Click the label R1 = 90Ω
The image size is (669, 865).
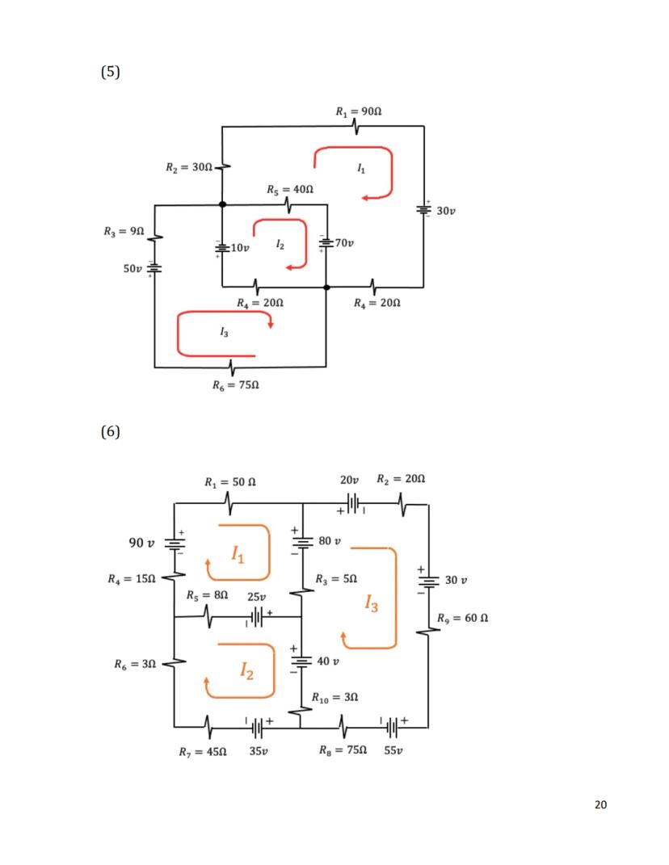tap(359, 110)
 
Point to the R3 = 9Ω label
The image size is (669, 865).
tap(124, 231)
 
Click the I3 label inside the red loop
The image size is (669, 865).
tap(224, 332)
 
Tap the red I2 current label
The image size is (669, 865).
tap(280, 242)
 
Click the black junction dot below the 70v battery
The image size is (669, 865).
tap(326, 287)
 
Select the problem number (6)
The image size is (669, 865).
tap(111, 431)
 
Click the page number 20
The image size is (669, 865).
tap(600, 804)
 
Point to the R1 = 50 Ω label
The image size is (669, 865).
tap(230, 482)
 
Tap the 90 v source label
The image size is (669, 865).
tap(141, 542)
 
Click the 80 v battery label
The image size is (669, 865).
tap(330, 540)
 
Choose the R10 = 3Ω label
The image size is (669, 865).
tap(335, 696)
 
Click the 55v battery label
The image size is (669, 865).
tap(393, 751)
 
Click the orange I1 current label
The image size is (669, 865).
tap(238, 554)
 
